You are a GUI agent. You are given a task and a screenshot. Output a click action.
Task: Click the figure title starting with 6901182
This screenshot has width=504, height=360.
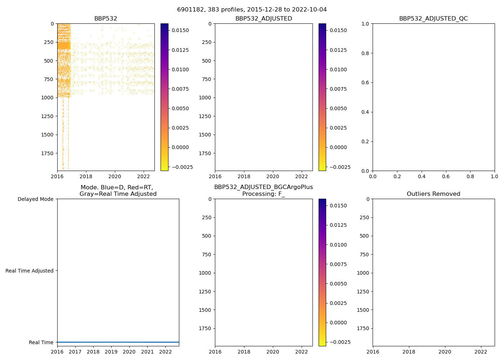pyautogui.click(x=252, y=10)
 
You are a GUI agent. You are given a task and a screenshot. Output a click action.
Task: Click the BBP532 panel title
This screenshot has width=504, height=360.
pyautogui.click(x=105, y=19)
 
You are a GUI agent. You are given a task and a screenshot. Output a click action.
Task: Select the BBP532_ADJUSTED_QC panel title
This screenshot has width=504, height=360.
pyautogui.click(x=433, y=19)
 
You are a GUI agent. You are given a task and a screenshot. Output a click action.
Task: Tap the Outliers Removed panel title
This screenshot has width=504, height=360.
pyautogui.click(x=433, y=194)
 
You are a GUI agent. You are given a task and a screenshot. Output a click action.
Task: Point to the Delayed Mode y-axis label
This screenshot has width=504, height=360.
pyautogui.click(x=35, y=199)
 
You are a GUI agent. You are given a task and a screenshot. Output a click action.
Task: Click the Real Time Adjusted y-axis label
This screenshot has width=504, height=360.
pyautogui.click(x=30, y=271)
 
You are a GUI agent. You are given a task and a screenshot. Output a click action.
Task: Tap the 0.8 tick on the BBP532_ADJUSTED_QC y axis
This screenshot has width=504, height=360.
pyautogui.click(x=366, y=53)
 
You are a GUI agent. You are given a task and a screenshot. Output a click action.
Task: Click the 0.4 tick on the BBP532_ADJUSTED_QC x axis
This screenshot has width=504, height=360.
pyautogui.click(x=422, y=176)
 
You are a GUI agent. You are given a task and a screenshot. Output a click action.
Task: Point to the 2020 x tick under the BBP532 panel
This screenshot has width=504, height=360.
pyautogui.click(x=115, y=176)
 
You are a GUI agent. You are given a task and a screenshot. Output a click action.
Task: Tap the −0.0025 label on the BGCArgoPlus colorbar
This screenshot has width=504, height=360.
pyautogui.click(x=338, y=342)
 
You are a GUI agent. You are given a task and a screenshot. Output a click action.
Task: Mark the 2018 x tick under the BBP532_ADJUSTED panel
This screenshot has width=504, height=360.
pyautogui.click(x=244, y=176)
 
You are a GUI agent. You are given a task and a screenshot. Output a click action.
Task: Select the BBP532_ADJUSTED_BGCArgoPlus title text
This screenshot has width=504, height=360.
pyautogui.click(x=263, y=187)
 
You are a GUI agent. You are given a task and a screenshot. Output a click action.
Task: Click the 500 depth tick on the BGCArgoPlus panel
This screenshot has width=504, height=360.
pyautogui.click(x=206, y=236)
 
